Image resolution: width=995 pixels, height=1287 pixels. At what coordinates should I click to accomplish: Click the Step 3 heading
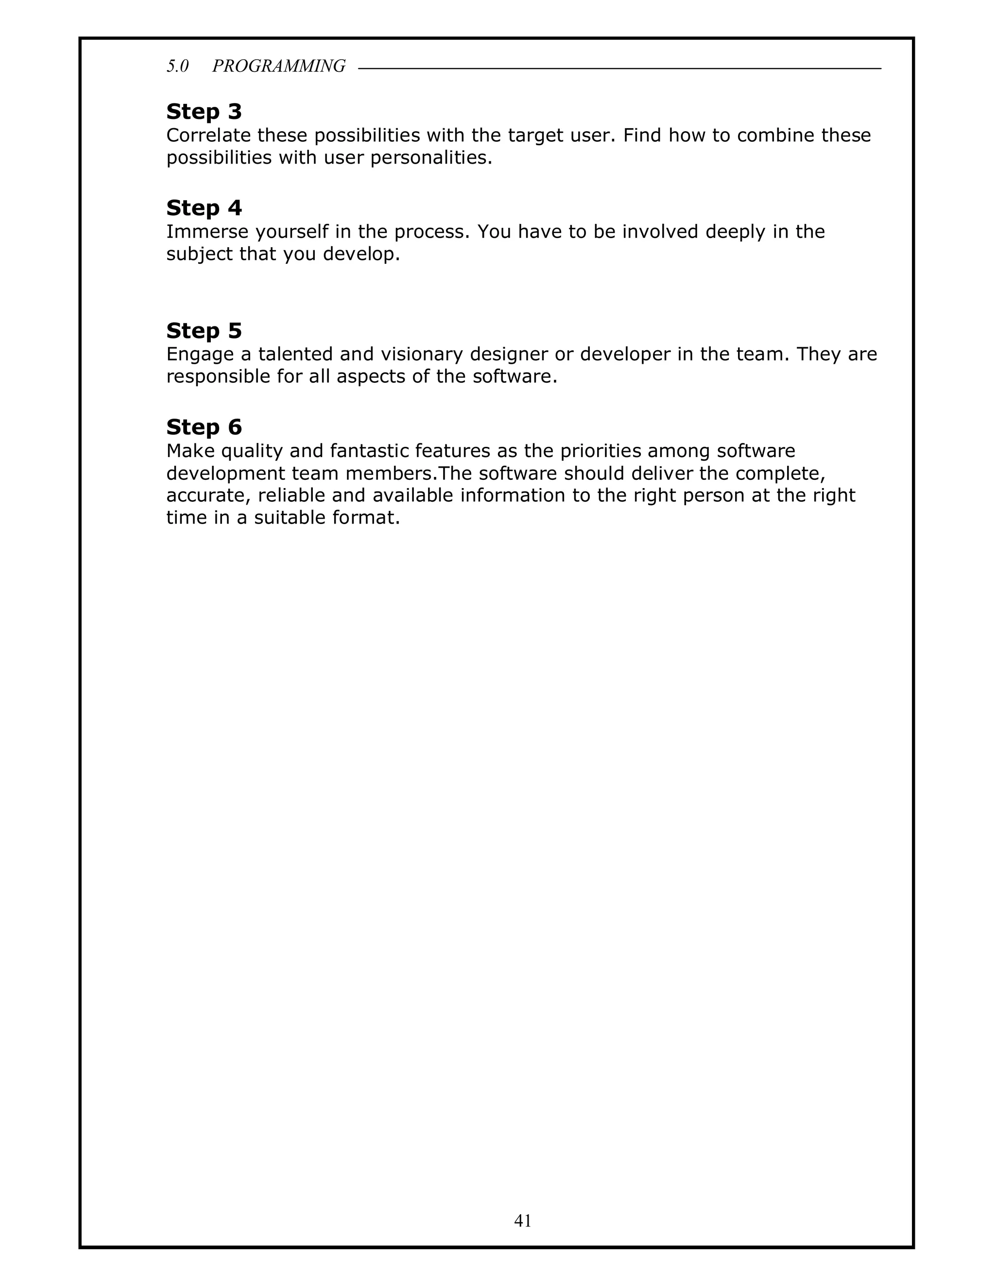tap(204, 111)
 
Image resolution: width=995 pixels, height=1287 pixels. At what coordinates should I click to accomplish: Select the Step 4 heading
tap(204, 208)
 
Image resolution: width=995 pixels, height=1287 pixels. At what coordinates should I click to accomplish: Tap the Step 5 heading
tap(204, 331)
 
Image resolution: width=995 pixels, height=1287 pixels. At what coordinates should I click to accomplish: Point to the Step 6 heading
tap(204, 426)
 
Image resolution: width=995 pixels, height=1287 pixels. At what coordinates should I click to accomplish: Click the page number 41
tap(523, 1220)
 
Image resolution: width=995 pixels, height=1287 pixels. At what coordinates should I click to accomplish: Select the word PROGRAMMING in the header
tap(279, 66)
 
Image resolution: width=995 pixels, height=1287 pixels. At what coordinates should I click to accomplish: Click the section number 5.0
tap(177, 66)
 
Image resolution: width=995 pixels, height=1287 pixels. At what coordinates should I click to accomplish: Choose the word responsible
tap(218, 376)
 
